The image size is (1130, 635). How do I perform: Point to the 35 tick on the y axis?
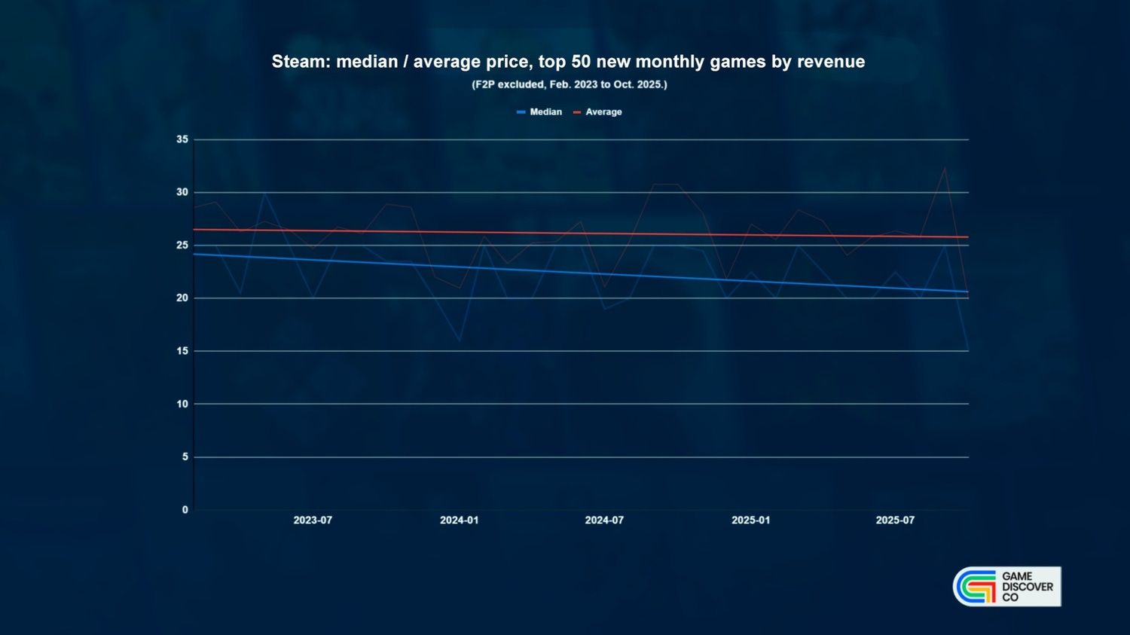tap(182, 139)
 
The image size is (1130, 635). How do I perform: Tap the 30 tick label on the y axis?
tap(182, 192)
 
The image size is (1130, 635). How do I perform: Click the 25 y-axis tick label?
tap(182, 245)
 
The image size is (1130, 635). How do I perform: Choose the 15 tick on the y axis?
tap(182, 351)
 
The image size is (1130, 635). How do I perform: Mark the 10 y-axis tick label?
tap(182, 404)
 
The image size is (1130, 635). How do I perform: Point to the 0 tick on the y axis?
tap(185, 510)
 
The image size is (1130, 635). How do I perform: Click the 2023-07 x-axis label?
tap(313, 521)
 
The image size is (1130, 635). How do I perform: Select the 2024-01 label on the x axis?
tap(459, 521)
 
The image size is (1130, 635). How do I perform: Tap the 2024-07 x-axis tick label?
tap(604, 521)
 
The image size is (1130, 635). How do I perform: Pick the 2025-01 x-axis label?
tap(750, 521)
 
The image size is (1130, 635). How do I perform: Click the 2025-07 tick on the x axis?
tap(895, 521)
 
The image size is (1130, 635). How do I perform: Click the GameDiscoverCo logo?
tap(1006, 587)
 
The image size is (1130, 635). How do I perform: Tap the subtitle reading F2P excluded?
tap(569, 84)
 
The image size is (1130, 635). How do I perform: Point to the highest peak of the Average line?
tap(945, 168)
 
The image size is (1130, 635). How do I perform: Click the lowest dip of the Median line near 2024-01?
tap(459, 340)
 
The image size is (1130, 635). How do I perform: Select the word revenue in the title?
tap(831, 62)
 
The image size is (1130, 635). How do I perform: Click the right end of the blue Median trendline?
tap(967, 292)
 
